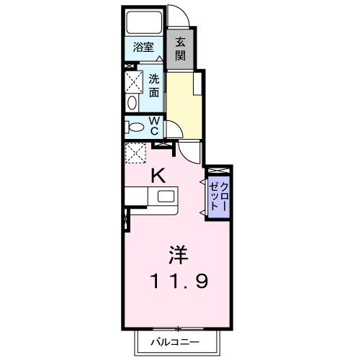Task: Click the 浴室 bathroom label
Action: point(143,48)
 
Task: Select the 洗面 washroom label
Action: point(154,87)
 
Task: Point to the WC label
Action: point(154,126)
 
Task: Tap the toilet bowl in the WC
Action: point(134,127)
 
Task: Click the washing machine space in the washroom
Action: point(133,80)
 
